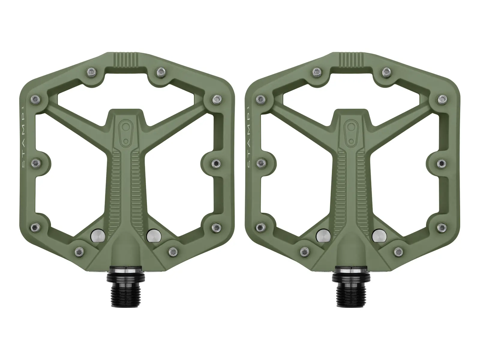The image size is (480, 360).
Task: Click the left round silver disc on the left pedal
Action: tap(97, 236)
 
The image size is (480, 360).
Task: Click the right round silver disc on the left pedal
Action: tap(154, 236)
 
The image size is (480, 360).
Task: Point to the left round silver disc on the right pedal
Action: tap(323, 236)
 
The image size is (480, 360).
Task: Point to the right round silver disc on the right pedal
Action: tap(379, 236)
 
